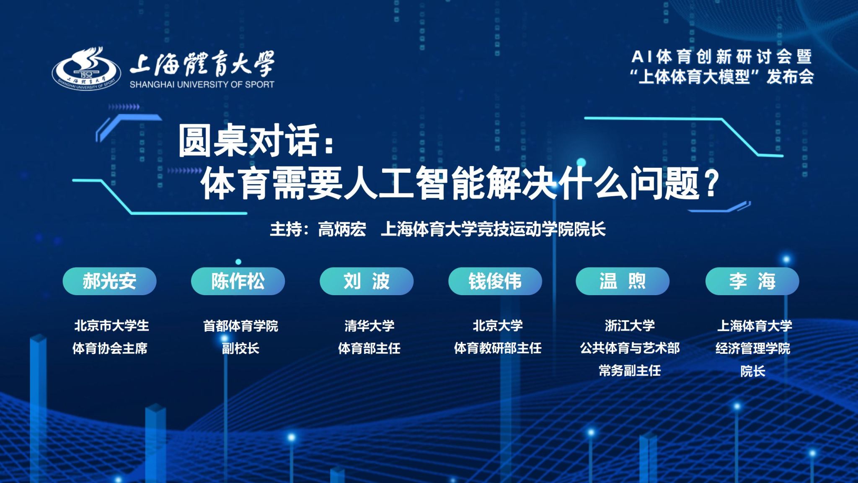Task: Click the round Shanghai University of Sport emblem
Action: pos(87,68)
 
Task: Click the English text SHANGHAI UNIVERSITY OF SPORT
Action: pos(202,84)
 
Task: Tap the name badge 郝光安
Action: pos(109,281)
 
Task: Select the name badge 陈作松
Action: pos(238,281)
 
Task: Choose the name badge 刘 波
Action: pos(367,281)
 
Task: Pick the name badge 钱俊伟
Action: pos(495,281)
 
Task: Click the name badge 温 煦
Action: pos(623,281)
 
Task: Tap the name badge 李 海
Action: pos(752,281)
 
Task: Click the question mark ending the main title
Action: pos(711,183)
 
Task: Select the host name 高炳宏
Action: pos(342,229)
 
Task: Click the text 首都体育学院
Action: pos(240,326)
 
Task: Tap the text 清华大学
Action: pos(370,326)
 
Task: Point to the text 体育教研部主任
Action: pos(498,348)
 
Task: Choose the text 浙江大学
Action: pos(630,326)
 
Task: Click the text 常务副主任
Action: pos(630,371)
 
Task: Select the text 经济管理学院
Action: pos(753,348)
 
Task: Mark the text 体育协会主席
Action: pos(110,348)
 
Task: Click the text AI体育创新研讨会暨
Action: pos(721,56)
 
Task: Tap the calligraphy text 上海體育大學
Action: pos(202,63)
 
